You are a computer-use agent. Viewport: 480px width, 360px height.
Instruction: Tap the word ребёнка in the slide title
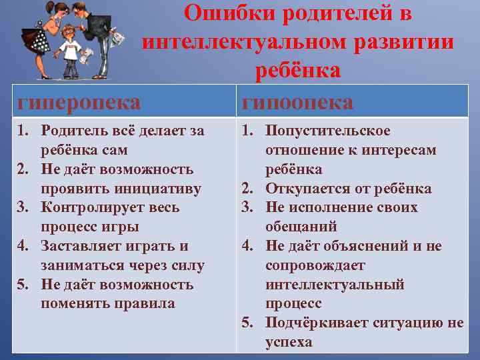coord(298,70)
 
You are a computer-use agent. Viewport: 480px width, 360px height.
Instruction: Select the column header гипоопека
coord(297,102)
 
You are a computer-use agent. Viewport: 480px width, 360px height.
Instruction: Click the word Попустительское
coord(328,131)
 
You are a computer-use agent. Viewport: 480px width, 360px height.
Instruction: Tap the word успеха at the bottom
coord(289,342)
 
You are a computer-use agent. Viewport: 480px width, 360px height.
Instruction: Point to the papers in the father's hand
coord(117,38)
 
